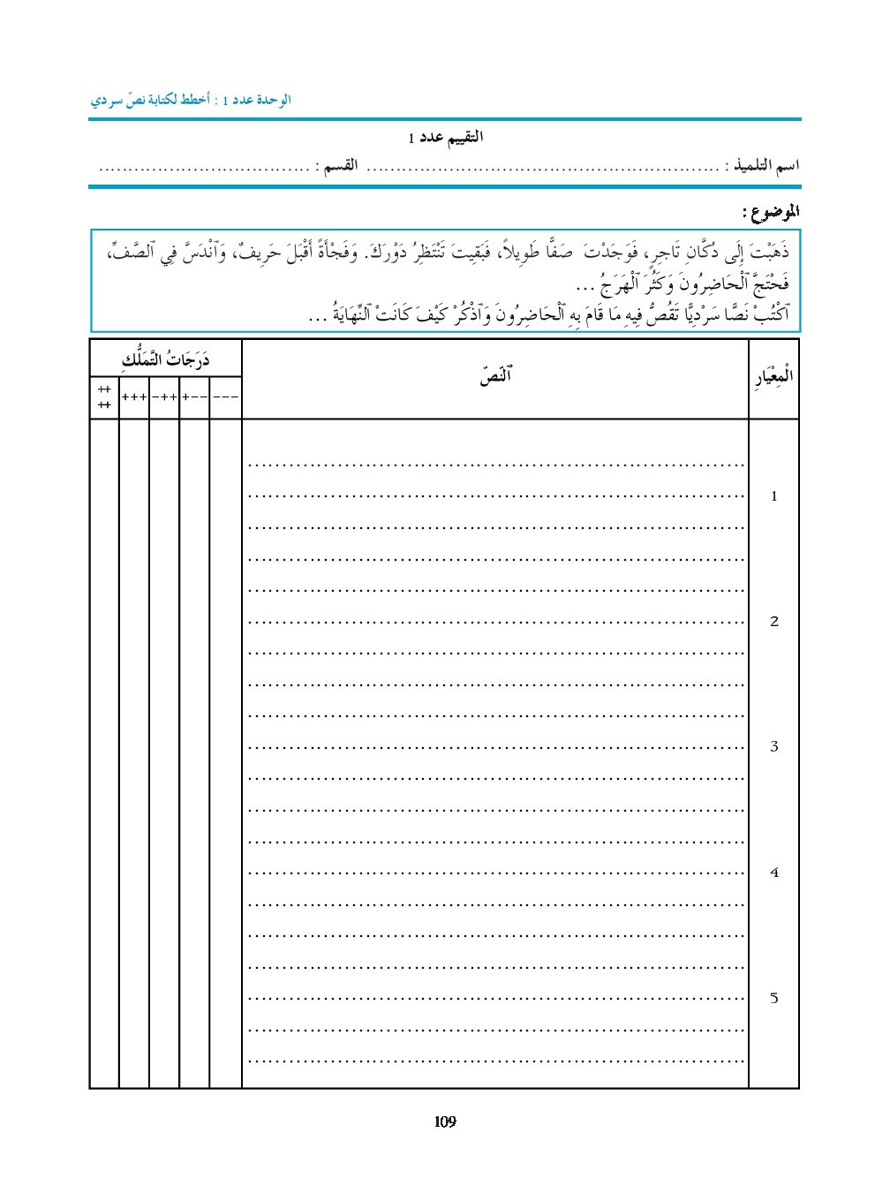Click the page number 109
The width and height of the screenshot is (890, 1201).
pyautogui.click(x=445, y=1122)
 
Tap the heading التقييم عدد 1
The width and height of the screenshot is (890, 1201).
pyautogui.click(x=446, y=138)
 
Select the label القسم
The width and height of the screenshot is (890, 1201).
pyautogui.click(x=336, y=166)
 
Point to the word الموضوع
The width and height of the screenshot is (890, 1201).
pyautogui.click(x=770, y=212)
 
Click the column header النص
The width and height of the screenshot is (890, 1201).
pyautogui.click(x=495, y=377)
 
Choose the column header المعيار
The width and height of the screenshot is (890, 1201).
pyautogui.click(x=773, y=377)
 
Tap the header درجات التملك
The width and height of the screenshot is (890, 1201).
pyautogui.click(x=166, y=359)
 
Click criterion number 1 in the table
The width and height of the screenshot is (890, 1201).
pyautogui.click(x=774, y=496)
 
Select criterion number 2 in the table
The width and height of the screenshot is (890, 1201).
pyautogui.click(x=774, y=622)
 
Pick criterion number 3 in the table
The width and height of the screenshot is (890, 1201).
pyautogui.click(x=774, y=747)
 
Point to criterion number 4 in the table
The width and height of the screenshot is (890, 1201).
pyautogui.click(x=774, y=872)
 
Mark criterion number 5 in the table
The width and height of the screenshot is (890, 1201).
pyautogui.click(x=774, y=998)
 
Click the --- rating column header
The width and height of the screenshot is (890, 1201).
pyautogui.click(x=226, y=397)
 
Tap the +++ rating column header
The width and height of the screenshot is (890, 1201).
pyautogui.click(x=134, y=397)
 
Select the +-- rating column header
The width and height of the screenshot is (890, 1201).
pyautogui.click(x=194, y=397)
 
